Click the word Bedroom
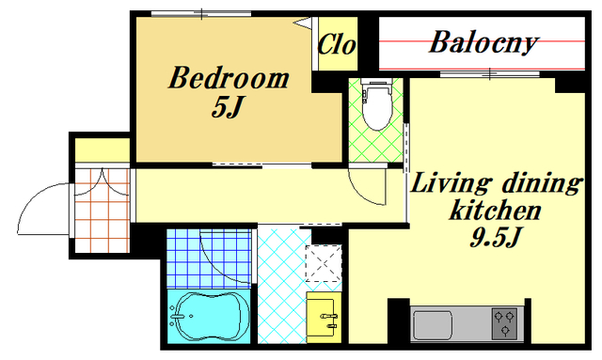[229, 78]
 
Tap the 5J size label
[228, 106]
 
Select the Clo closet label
[337, 44]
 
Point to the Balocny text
[483, 42]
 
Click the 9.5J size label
[495, 237]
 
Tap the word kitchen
[496, 210]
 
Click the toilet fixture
[377, 103]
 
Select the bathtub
[209, 316]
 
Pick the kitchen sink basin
[433, 324]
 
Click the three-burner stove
[504, 323]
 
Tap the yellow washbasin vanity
[324, 318]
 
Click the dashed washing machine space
[324, 263]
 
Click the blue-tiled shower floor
[209, 258]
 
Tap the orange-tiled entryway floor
[102, 211]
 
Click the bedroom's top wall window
[201, 14]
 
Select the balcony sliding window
[490, 73]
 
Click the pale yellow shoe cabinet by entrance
[103, 150]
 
